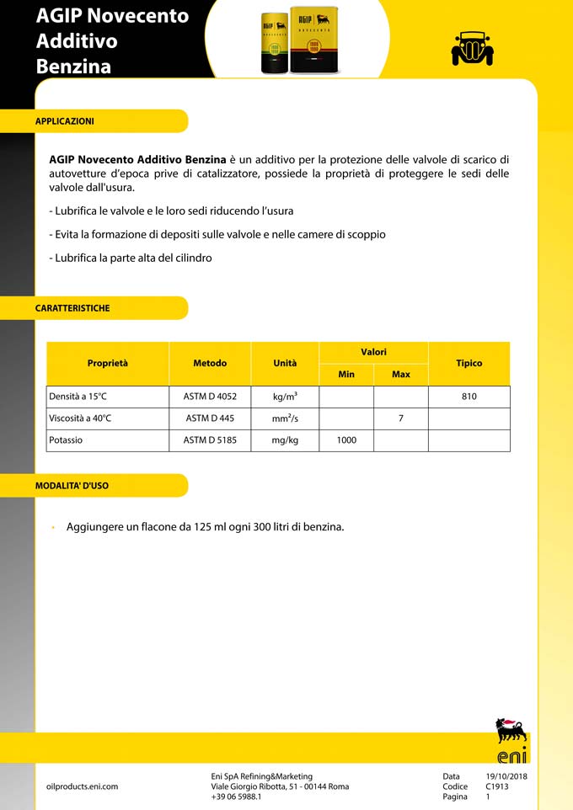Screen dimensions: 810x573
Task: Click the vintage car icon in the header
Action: pos(472,48)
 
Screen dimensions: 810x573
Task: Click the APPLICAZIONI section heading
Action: pos(65,121)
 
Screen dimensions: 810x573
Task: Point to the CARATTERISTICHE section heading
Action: pos(72,308)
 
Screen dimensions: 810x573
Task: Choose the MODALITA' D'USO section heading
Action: pos(72,486)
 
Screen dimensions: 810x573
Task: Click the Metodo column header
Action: pos(210,364)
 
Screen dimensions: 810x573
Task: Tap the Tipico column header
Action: pos(469,364)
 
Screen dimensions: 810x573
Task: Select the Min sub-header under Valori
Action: pos(346,374)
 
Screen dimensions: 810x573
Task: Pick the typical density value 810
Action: pos(469,397)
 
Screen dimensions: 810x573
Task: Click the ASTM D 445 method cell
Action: pos(210,418)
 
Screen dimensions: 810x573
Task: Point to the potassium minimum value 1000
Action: pos(346,440)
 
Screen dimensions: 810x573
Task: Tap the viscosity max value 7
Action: pos(401,418)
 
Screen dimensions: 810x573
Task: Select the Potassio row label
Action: pos(67,440)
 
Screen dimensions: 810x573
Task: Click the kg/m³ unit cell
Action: pos(285,397)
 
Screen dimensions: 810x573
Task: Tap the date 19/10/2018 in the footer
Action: pos(506,776)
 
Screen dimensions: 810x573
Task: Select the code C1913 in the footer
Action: pos(497,786)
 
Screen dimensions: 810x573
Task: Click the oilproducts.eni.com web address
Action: pos(82,786)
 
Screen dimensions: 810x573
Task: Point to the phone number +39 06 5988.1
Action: pos(236,797)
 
